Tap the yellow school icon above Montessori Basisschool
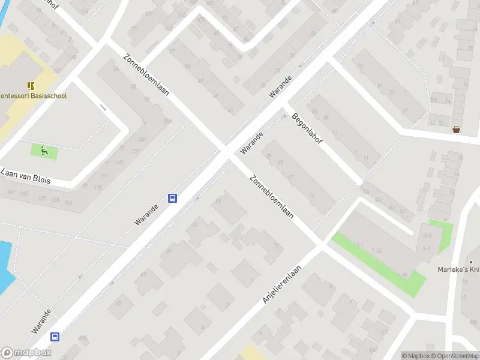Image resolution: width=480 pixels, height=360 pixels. [x=31, y=86]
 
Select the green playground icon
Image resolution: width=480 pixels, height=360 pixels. [x=44, y=151]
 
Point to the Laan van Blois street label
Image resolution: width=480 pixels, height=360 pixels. [x=26, y=176]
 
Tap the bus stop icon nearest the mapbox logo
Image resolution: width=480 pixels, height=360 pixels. [x=55, y=337]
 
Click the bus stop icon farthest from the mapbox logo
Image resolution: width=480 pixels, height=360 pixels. [x=172, y=199]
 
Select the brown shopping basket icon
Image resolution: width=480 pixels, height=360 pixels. [x=457, y=129]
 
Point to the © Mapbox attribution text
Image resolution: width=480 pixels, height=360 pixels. [x=415, y=356]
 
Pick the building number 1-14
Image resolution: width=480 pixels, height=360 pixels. [x=377, y=250]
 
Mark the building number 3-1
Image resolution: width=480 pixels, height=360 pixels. [x=426, y=247]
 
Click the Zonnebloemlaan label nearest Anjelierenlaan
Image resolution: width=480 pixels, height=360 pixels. [x=271, y=197]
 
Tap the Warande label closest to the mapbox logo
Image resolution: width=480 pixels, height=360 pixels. [x=41, y=322]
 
